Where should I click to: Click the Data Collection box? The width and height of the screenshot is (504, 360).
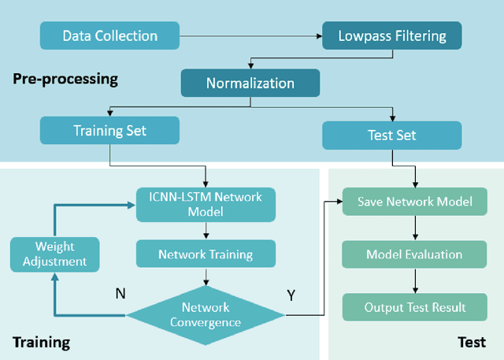(x=109, y=35)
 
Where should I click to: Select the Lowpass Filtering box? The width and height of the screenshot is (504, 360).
(x=391, y=35)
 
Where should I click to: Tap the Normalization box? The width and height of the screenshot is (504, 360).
(x=250, y=83)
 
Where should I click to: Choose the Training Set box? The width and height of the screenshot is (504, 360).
(x=109, y=130)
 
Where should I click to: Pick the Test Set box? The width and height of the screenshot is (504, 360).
(x=391, y=135)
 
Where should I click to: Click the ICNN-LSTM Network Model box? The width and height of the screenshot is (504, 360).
(x=206, y=203)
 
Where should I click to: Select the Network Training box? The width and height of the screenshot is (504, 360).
(x=206, y=254)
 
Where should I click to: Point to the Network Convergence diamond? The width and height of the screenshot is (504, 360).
(x=206, y=314)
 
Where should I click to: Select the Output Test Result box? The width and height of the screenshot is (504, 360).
(x=415, y=306)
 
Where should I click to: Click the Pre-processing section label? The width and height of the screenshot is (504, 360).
(x=65, y=79)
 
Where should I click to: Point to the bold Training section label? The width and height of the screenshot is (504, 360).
(x=41, y=342)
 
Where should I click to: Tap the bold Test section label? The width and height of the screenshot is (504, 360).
(x=472, y=342)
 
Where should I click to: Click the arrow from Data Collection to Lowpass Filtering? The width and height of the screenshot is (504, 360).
(x=250, y=35)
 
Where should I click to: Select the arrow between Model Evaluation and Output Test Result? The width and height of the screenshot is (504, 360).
(x=415, y=280)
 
